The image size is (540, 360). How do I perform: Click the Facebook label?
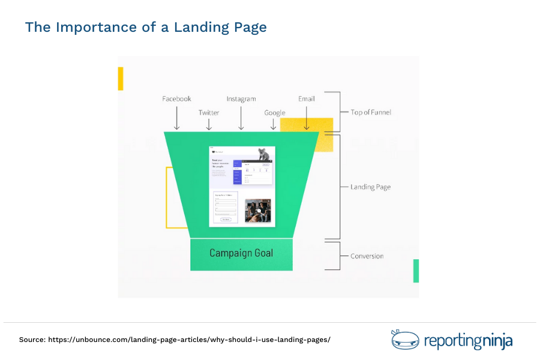(x=176, y=99)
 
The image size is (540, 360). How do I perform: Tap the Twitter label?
(x=209, y=113)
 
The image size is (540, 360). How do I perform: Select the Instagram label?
(x=241, y=99)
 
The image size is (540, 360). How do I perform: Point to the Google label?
(x=275, y=113)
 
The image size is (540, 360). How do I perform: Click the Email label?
(x=306, y=99)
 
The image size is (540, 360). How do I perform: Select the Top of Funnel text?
(x=371, y=112)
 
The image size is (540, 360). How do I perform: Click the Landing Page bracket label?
(x=370, y=187)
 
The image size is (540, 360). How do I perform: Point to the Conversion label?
(x=367, y=256)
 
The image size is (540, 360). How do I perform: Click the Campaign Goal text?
(x=241, y=253)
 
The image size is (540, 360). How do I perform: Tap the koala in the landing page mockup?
(x=263, y=154)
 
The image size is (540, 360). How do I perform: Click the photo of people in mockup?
(x=257, y=211)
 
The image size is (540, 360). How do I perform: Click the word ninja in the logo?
(x=497, y=341)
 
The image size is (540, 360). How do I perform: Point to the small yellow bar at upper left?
(x=121, y=79)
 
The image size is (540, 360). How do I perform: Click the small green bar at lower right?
(x=416, y=271)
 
